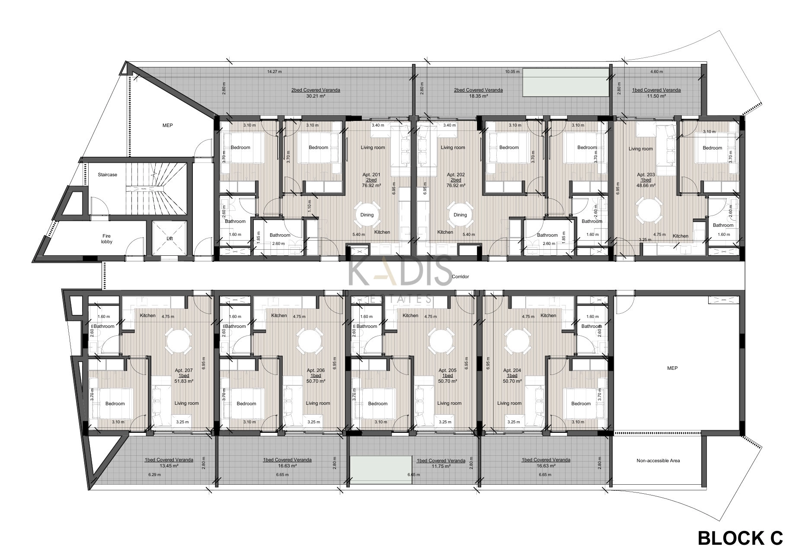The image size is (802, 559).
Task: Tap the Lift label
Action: pos(169,238)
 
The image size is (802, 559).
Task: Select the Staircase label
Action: pos(107,175)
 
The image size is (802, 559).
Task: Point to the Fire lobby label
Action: pos(107,239)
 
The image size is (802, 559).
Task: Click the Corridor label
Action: pos(460,276)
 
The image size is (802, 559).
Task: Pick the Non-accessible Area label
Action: pos(658,461)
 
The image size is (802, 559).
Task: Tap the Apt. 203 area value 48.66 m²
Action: pos(646,185)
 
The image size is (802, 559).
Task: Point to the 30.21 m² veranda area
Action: pos(315,96)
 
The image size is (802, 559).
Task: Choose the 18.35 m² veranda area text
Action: pos(478,96)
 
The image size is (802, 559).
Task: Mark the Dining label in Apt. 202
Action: pos(460,215)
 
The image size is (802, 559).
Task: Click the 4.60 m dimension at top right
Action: pos(656,72)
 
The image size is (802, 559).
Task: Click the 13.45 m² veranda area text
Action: pos(169,466)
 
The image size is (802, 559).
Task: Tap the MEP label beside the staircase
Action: pos(167,125)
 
